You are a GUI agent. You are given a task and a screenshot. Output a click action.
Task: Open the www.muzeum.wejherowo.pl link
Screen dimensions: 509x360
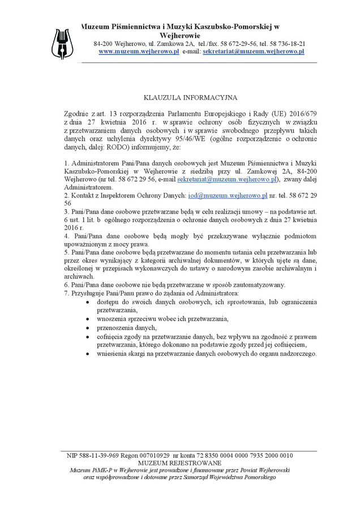pyautogui.click(x=139, y=51)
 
